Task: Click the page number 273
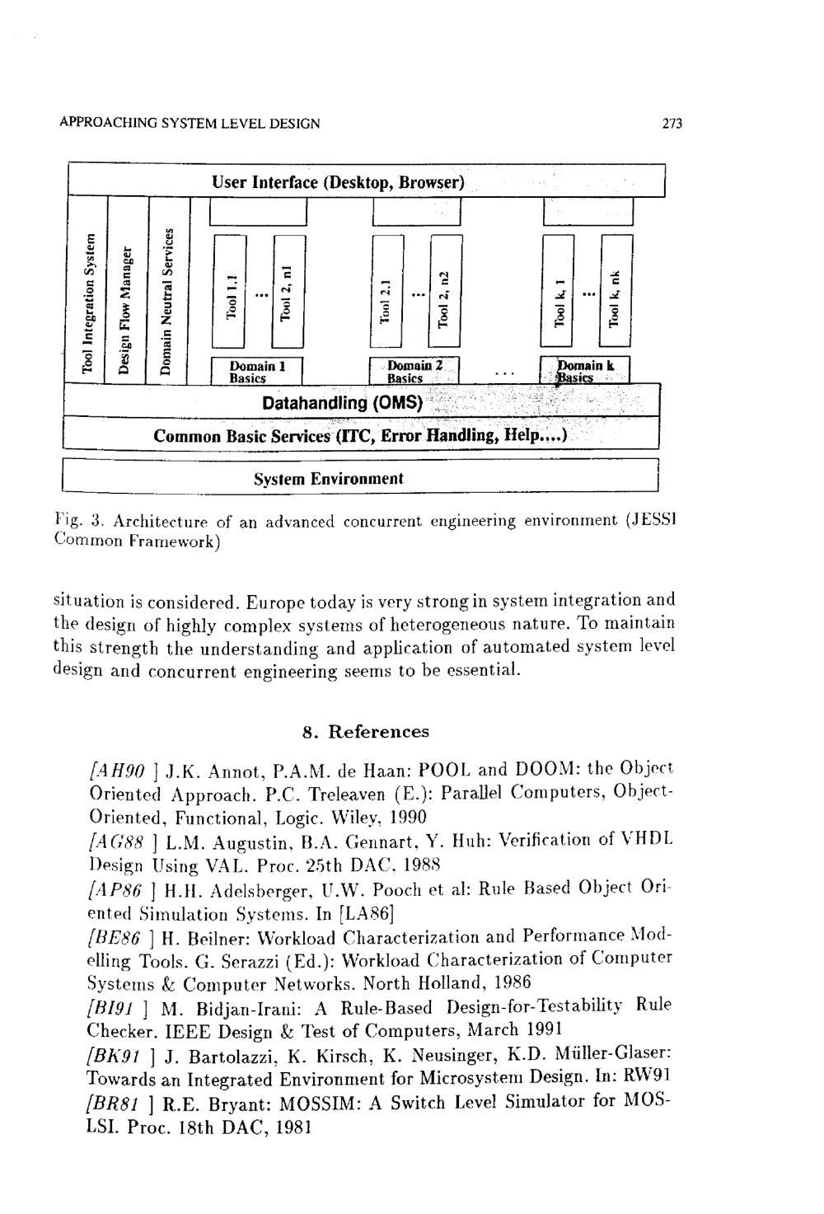coord(672,124)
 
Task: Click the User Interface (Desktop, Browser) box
coord(366,180)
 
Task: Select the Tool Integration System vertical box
coord(87,290)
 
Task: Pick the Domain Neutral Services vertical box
coord(168,290)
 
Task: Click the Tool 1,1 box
coord(230,291)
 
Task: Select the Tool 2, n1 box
coord(288,291)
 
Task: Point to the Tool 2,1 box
coord(386,291)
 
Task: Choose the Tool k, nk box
coord(616,290)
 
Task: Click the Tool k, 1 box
coord(558,290)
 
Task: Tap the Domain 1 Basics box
coord(256,371)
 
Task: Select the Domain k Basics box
coord(585,371)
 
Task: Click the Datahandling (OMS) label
coord(343,403)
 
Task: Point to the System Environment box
coord(360,476)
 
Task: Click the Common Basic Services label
coord(241,436)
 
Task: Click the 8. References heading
coord(366,732)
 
